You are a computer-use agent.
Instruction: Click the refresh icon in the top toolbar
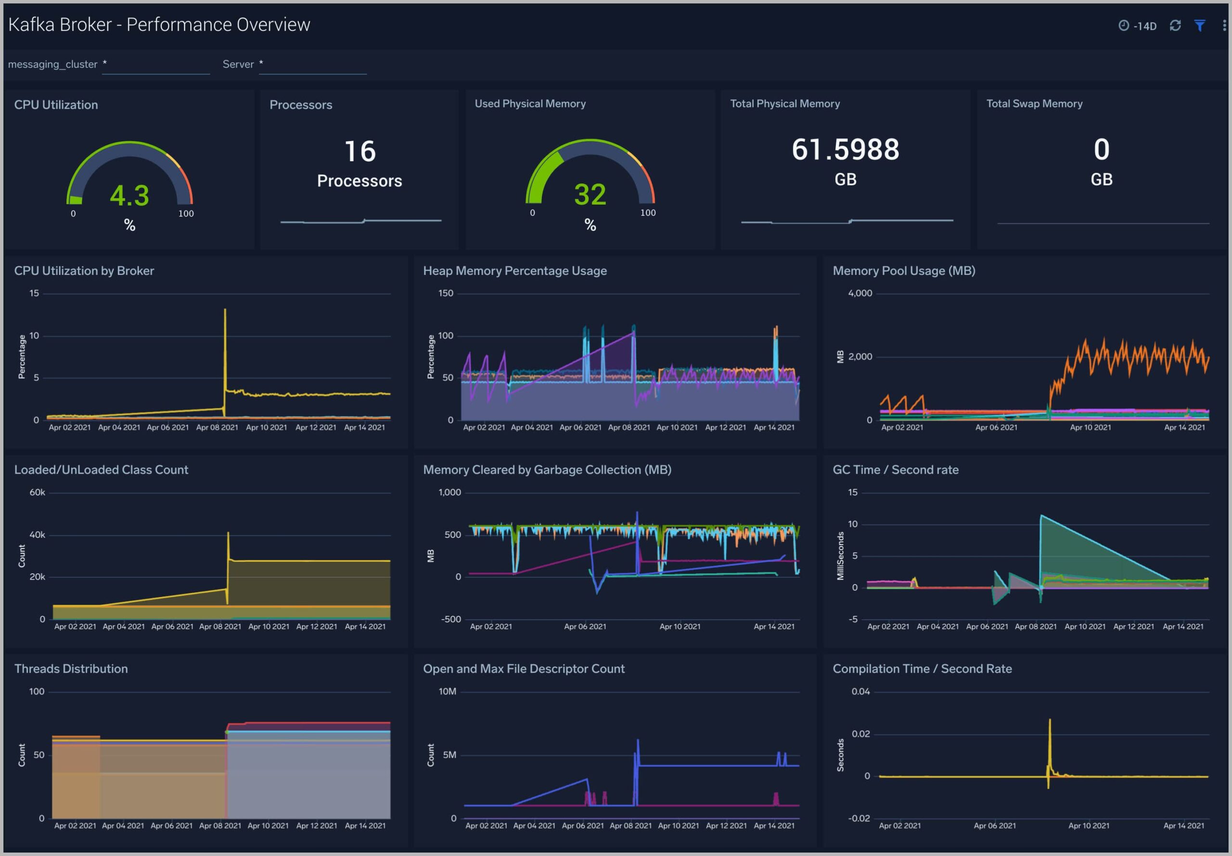coord(1175,26)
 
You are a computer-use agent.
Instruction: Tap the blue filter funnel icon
coord(1200,26)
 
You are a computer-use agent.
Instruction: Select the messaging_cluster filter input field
coord(155,65)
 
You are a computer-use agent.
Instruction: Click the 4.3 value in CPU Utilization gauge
coord(129,196)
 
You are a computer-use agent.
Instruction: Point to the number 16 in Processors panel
coord(360,151)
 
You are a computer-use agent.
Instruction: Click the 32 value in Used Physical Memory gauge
coord(590,195)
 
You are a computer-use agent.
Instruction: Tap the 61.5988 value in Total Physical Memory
coord(846,150)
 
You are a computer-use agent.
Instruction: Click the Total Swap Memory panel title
coord(1034,104)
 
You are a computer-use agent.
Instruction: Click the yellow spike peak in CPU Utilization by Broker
coord(225,311)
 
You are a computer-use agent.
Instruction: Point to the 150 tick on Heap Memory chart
coord(446,293)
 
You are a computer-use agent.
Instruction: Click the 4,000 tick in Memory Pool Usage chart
coord(860,293)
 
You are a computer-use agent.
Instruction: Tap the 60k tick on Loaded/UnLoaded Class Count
coord(37,493)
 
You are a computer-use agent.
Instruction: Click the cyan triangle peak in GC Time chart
coord(1041,516)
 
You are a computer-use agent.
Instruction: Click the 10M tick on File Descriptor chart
coord(447,692)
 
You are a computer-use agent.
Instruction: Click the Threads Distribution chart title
coord(71,669)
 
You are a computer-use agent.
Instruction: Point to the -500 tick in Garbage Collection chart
coord(450,620)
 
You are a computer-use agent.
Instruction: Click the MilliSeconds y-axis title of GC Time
coord(840,556)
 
